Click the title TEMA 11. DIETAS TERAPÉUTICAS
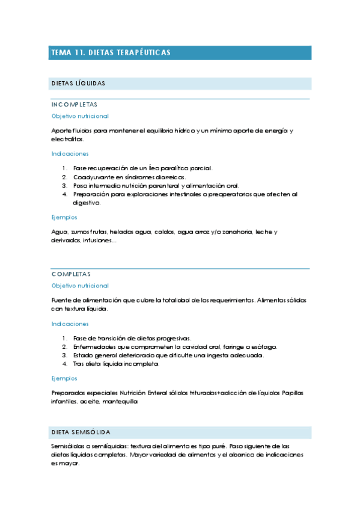(111, 53)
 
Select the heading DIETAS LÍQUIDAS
(78, 83)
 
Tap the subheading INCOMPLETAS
(75, 105)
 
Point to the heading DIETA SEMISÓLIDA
(81, 433)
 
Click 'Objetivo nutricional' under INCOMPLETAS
(80, 116)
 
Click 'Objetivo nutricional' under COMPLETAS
(80, 286)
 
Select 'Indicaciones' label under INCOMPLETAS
(70, 154)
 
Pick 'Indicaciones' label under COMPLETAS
(70, 324)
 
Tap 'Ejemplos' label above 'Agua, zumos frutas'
(64, 218)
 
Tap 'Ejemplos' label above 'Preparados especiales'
(64, 378)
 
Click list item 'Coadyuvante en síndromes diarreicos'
(129, 177)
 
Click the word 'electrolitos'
(67, 139)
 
